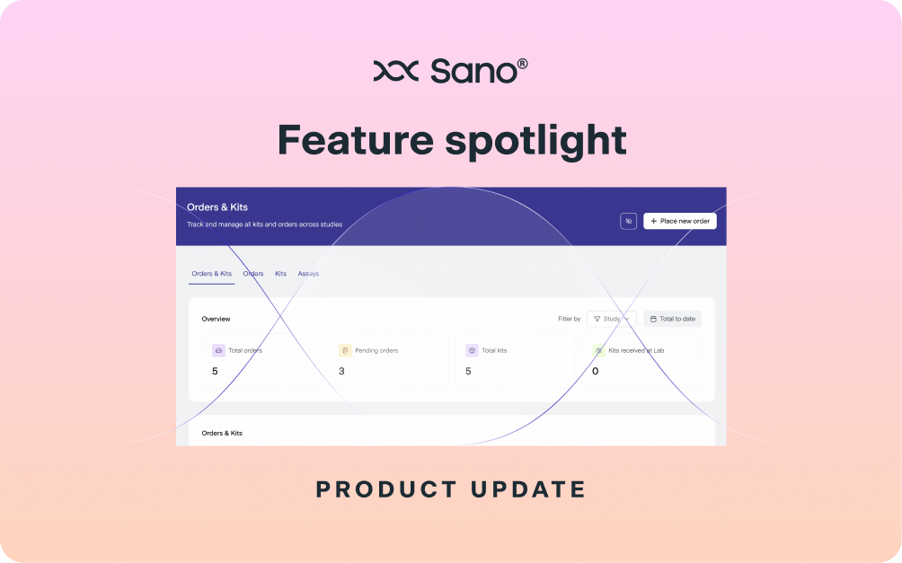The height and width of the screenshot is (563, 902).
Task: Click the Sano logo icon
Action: pos(396,71)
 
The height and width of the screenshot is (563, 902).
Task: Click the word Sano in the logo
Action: pos(474,71)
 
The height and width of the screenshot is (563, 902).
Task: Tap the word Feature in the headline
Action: pos(356,140)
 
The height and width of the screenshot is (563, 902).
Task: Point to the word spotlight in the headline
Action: pos(535,142)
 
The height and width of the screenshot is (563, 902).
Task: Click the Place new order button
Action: pos(680,221)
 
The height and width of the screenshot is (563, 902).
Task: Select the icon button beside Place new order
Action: pos(628,221)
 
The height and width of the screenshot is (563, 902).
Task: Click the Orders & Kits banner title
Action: pos(217,207)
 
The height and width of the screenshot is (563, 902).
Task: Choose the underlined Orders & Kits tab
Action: pos(212,274)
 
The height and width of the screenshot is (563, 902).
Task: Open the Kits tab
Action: pos(280,274)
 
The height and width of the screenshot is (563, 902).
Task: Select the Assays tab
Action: pos(308,274)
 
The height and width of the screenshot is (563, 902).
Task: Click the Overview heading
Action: pos(216,319)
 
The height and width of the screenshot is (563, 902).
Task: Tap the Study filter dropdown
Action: pos(612,319)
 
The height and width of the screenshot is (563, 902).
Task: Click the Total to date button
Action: pos(673,319)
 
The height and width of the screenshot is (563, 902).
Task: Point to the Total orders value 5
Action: pos(215,371)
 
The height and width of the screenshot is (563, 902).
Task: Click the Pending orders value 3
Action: pos(341,371)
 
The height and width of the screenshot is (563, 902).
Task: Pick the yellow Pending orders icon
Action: pos(345,350)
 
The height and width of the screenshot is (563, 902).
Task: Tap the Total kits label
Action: pos(494,350)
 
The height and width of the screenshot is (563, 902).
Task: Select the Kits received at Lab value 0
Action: pos(596,371)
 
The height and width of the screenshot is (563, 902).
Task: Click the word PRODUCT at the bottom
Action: pos(386,490)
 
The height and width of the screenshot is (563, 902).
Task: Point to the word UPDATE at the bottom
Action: pos(528,490)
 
